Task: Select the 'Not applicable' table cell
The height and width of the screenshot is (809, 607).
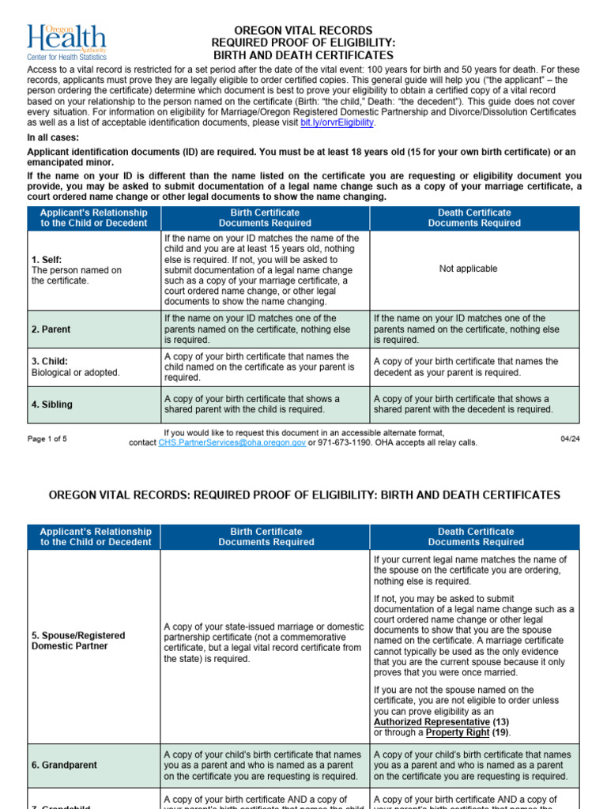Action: click(468, 269)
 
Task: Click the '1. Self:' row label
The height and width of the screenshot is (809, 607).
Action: click(46, 259)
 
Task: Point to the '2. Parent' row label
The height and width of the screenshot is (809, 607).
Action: click(52, 329)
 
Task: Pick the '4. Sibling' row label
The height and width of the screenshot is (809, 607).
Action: click(52, 404)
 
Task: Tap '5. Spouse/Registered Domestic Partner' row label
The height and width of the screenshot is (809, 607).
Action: click(78, 641)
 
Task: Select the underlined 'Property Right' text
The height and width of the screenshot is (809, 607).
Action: click(458, 732)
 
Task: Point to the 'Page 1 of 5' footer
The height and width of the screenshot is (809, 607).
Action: click(47, 438)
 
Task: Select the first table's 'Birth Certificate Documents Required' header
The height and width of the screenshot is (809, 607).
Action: click(265, 218)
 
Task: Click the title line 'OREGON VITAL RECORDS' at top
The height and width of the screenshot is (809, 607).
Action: click(303, 30)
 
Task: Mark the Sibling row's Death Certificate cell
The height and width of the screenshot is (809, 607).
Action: click(474, 404)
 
